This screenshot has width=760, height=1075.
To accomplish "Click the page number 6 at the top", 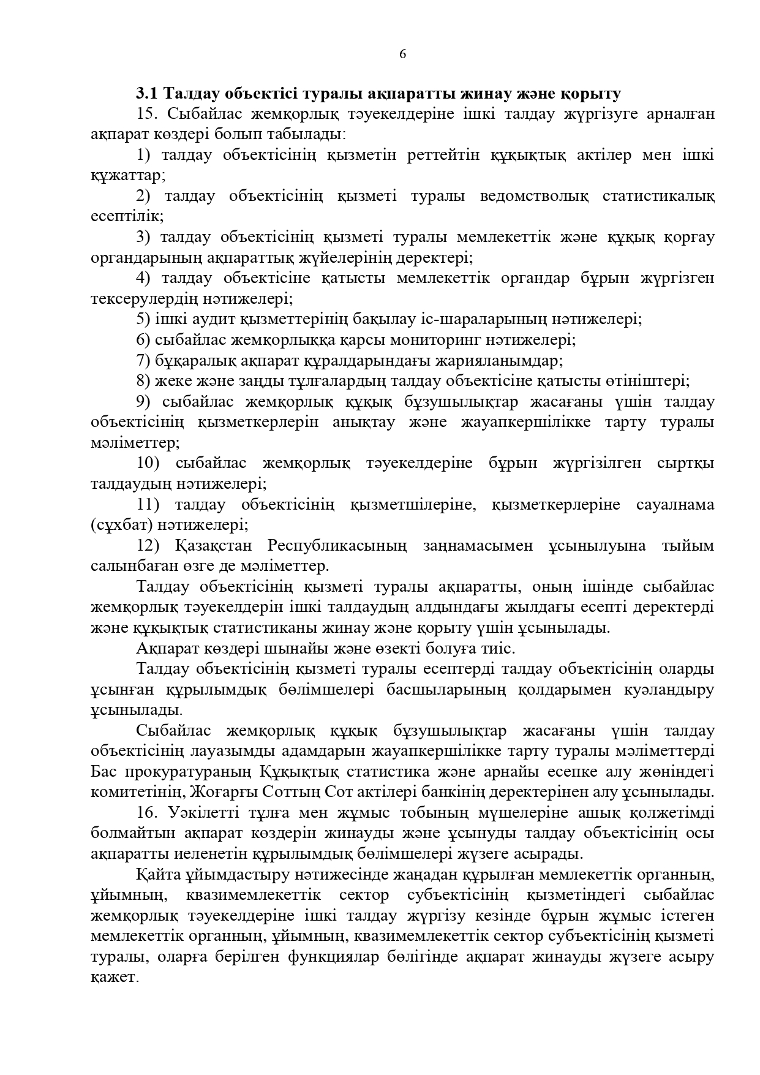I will [x=402, y=54].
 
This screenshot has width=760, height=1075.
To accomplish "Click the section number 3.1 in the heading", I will [x=148, y=94].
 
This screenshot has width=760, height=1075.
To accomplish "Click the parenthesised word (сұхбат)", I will [x=121, y=525].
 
